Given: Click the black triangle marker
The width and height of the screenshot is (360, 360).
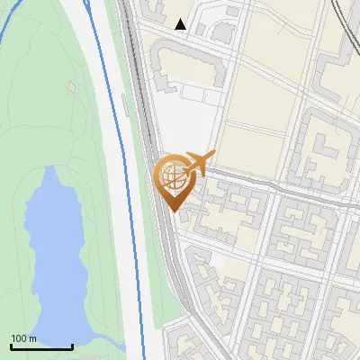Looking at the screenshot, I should point(181,24).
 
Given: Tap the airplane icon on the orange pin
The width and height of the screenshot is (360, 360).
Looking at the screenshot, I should point(200,163).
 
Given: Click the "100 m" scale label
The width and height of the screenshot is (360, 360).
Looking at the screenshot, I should point(23,338).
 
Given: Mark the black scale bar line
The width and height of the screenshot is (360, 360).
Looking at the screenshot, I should point(41,347).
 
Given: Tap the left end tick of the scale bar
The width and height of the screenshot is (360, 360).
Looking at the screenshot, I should point(11,346).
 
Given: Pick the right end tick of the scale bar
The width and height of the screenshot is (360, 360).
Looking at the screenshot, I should point(72,346).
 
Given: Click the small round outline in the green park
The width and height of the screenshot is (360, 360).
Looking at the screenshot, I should point(72,87).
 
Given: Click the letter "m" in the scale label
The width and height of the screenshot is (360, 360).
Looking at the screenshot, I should point(32,338).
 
